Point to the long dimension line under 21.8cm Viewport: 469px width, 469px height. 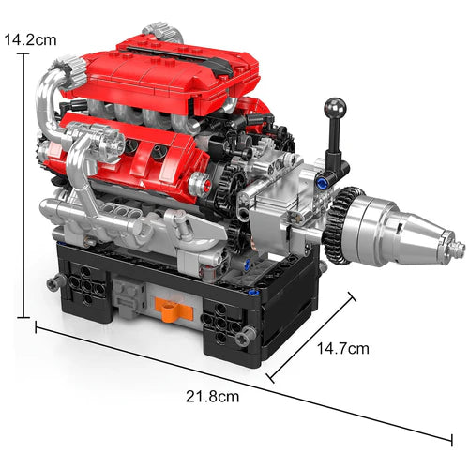(244, 385)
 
